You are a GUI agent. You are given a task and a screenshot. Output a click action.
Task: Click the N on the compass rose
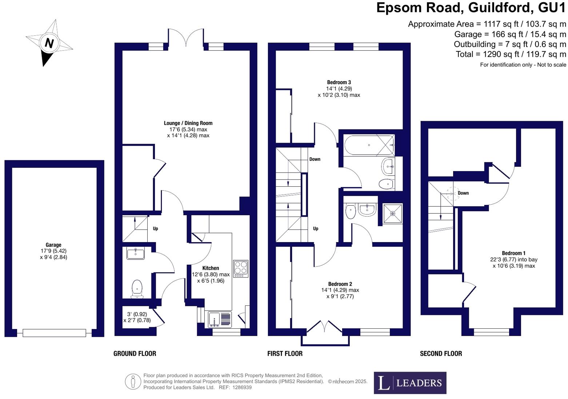coord(49,43)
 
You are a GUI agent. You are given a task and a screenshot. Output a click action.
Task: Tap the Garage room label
coord(53,245)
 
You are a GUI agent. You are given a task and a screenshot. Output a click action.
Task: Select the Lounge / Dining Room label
coord(188,123)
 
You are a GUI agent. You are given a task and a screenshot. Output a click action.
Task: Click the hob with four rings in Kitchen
coord(241,269)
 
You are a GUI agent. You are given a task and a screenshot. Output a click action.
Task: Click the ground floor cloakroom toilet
coord(137,289)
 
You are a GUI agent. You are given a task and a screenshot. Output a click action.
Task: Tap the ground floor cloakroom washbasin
coord(136,253)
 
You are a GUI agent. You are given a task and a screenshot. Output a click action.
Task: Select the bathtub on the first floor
coord(369,145)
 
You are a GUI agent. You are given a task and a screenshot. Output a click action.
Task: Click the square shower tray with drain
coord(392,213)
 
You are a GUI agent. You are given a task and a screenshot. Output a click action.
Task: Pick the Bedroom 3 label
coord(339,82)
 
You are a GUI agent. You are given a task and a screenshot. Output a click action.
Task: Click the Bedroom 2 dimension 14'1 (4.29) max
coord(340,290)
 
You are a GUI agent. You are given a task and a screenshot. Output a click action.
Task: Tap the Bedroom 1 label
coord(513,253)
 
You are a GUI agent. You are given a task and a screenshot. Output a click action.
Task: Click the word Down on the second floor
coord(463,193)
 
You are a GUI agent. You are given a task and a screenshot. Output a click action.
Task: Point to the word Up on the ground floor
coord(155,228)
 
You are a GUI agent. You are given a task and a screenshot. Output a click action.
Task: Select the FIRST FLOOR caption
coord(285,353)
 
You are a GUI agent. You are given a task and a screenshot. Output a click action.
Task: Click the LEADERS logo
coord(410,383)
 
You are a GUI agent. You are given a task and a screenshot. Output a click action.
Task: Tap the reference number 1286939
coord(242,387)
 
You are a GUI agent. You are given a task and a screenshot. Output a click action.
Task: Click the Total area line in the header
coord(511,54)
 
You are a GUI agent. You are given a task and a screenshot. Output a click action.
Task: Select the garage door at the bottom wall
coord(54,333)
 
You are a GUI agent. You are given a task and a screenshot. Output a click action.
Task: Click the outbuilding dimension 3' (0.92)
coord(137,314)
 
